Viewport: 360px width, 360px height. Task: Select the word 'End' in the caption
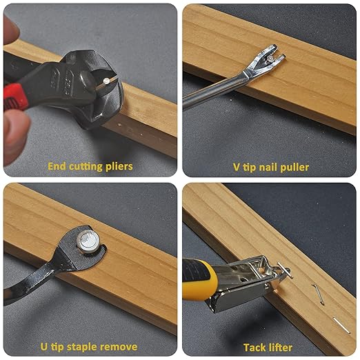57,166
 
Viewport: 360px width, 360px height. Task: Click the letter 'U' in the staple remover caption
46,346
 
